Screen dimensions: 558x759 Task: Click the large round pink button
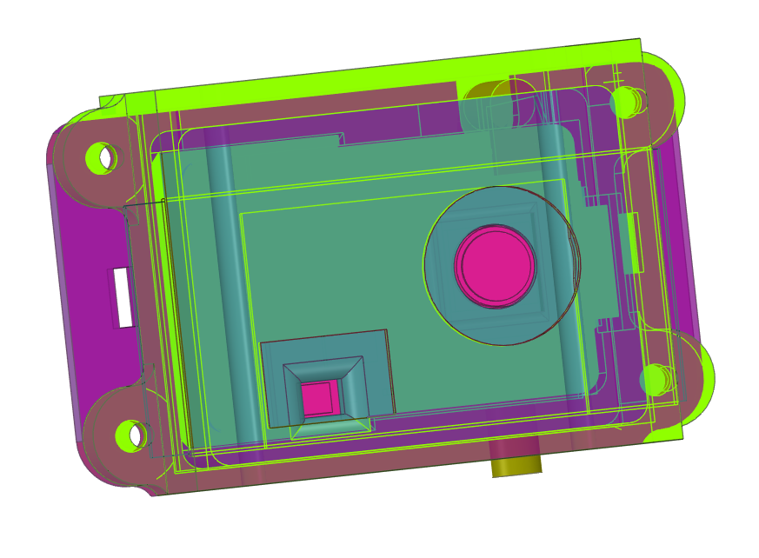click(x=495, y=266)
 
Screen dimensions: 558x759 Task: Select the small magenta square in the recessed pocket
click(x=317, y=399)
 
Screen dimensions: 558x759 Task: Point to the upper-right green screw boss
click(x=626, y=103)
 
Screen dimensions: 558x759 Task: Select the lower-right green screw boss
click(x=656, y=379)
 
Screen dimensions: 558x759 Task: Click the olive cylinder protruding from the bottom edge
click(x=516, y=458)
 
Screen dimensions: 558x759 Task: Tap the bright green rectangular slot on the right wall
click(x=635, y=242)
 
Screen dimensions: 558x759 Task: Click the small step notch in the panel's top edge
click(x=341, y=139)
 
